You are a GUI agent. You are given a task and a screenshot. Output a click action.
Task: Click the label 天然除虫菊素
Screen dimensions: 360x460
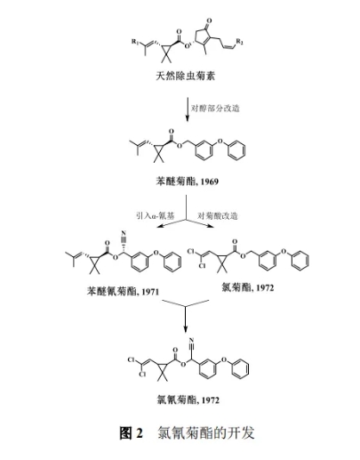click(185, 76)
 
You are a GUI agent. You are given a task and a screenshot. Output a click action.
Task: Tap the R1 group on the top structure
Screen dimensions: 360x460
click(135, 41)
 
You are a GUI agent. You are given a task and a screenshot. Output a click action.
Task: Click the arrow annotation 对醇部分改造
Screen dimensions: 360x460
click(215, 109)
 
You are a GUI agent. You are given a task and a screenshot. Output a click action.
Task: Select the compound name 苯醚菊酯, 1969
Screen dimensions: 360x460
click(187, 181)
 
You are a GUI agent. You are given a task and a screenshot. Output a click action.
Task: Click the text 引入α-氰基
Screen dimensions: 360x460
click(155, 215)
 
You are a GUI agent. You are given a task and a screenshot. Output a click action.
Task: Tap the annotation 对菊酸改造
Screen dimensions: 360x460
click(218, 215)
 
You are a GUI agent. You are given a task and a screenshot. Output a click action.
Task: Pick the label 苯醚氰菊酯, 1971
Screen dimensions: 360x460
click(123, 291)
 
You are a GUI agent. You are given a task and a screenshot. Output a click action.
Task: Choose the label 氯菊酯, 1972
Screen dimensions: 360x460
click(248, 287)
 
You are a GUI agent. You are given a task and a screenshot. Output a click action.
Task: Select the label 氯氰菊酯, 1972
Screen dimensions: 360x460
click(188, 399)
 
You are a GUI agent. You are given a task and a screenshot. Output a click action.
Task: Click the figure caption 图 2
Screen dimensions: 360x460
click(131, 433)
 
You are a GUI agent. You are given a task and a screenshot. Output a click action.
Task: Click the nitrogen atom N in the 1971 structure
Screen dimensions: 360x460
click(124, 233)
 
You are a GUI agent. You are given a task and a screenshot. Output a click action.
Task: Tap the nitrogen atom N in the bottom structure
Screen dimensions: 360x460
click(191, 340)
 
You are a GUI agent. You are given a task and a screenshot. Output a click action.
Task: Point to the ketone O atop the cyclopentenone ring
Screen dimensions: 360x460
click(210, 20)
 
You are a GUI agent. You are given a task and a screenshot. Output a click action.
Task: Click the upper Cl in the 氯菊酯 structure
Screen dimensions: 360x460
click(191, 252)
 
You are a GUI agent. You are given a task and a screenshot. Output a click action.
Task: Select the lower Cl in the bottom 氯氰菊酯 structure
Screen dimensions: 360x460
click(142, 375)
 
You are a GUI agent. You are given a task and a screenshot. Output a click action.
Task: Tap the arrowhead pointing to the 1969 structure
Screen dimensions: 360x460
click(187, 118)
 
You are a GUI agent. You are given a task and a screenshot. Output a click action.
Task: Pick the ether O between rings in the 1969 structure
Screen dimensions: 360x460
click(220, 141)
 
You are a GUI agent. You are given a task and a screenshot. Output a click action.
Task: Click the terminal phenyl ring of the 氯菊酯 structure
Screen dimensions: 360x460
click(300, 261)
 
